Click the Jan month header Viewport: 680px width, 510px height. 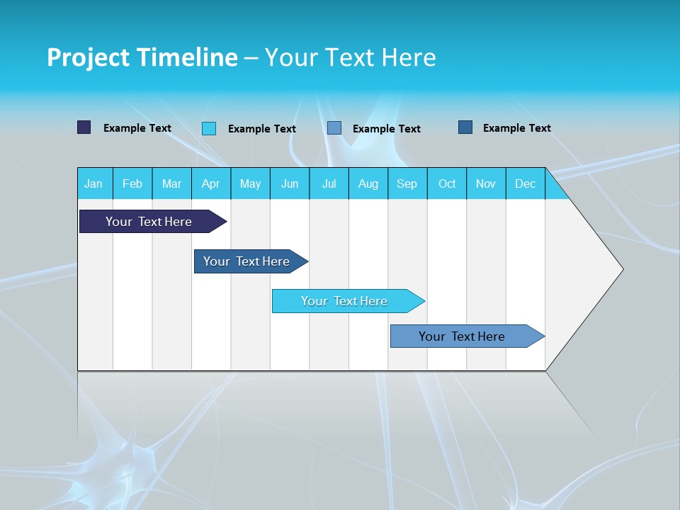click(x=93, y=183)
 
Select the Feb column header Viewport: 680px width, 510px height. click(x=132, y=183)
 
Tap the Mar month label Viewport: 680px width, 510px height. click(x=171, y=183)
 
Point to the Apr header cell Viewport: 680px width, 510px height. click(x=211, y=183)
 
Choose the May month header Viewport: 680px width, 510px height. click(x=250, y=183)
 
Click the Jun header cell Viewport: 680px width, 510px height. click(x=290, y=183)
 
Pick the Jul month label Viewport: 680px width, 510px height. click(x=329, y=183)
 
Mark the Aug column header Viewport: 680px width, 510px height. click(x=368, y=183)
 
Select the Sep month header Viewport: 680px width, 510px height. click(x=407, y=183)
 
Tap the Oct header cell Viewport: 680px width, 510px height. click(x=447, y=183)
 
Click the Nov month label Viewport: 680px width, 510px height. click(x=486, y=183)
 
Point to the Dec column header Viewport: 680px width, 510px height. click(x=526, y=183)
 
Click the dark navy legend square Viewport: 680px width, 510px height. click(x=84, y=127)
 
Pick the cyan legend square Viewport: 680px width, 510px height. click(x=209, y=128)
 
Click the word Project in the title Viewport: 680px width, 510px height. click(x=89, y=57)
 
